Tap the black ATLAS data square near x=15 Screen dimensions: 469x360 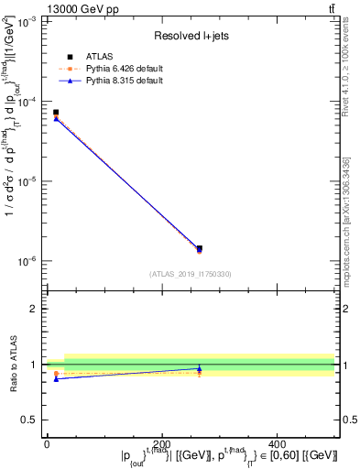[x=56, y=113]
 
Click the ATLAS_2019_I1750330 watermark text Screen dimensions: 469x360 [x=191, y=273]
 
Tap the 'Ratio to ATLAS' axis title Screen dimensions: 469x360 [x=11, y=365]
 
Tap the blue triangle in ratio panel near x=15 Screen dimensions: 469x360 [x=56, y=378]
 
